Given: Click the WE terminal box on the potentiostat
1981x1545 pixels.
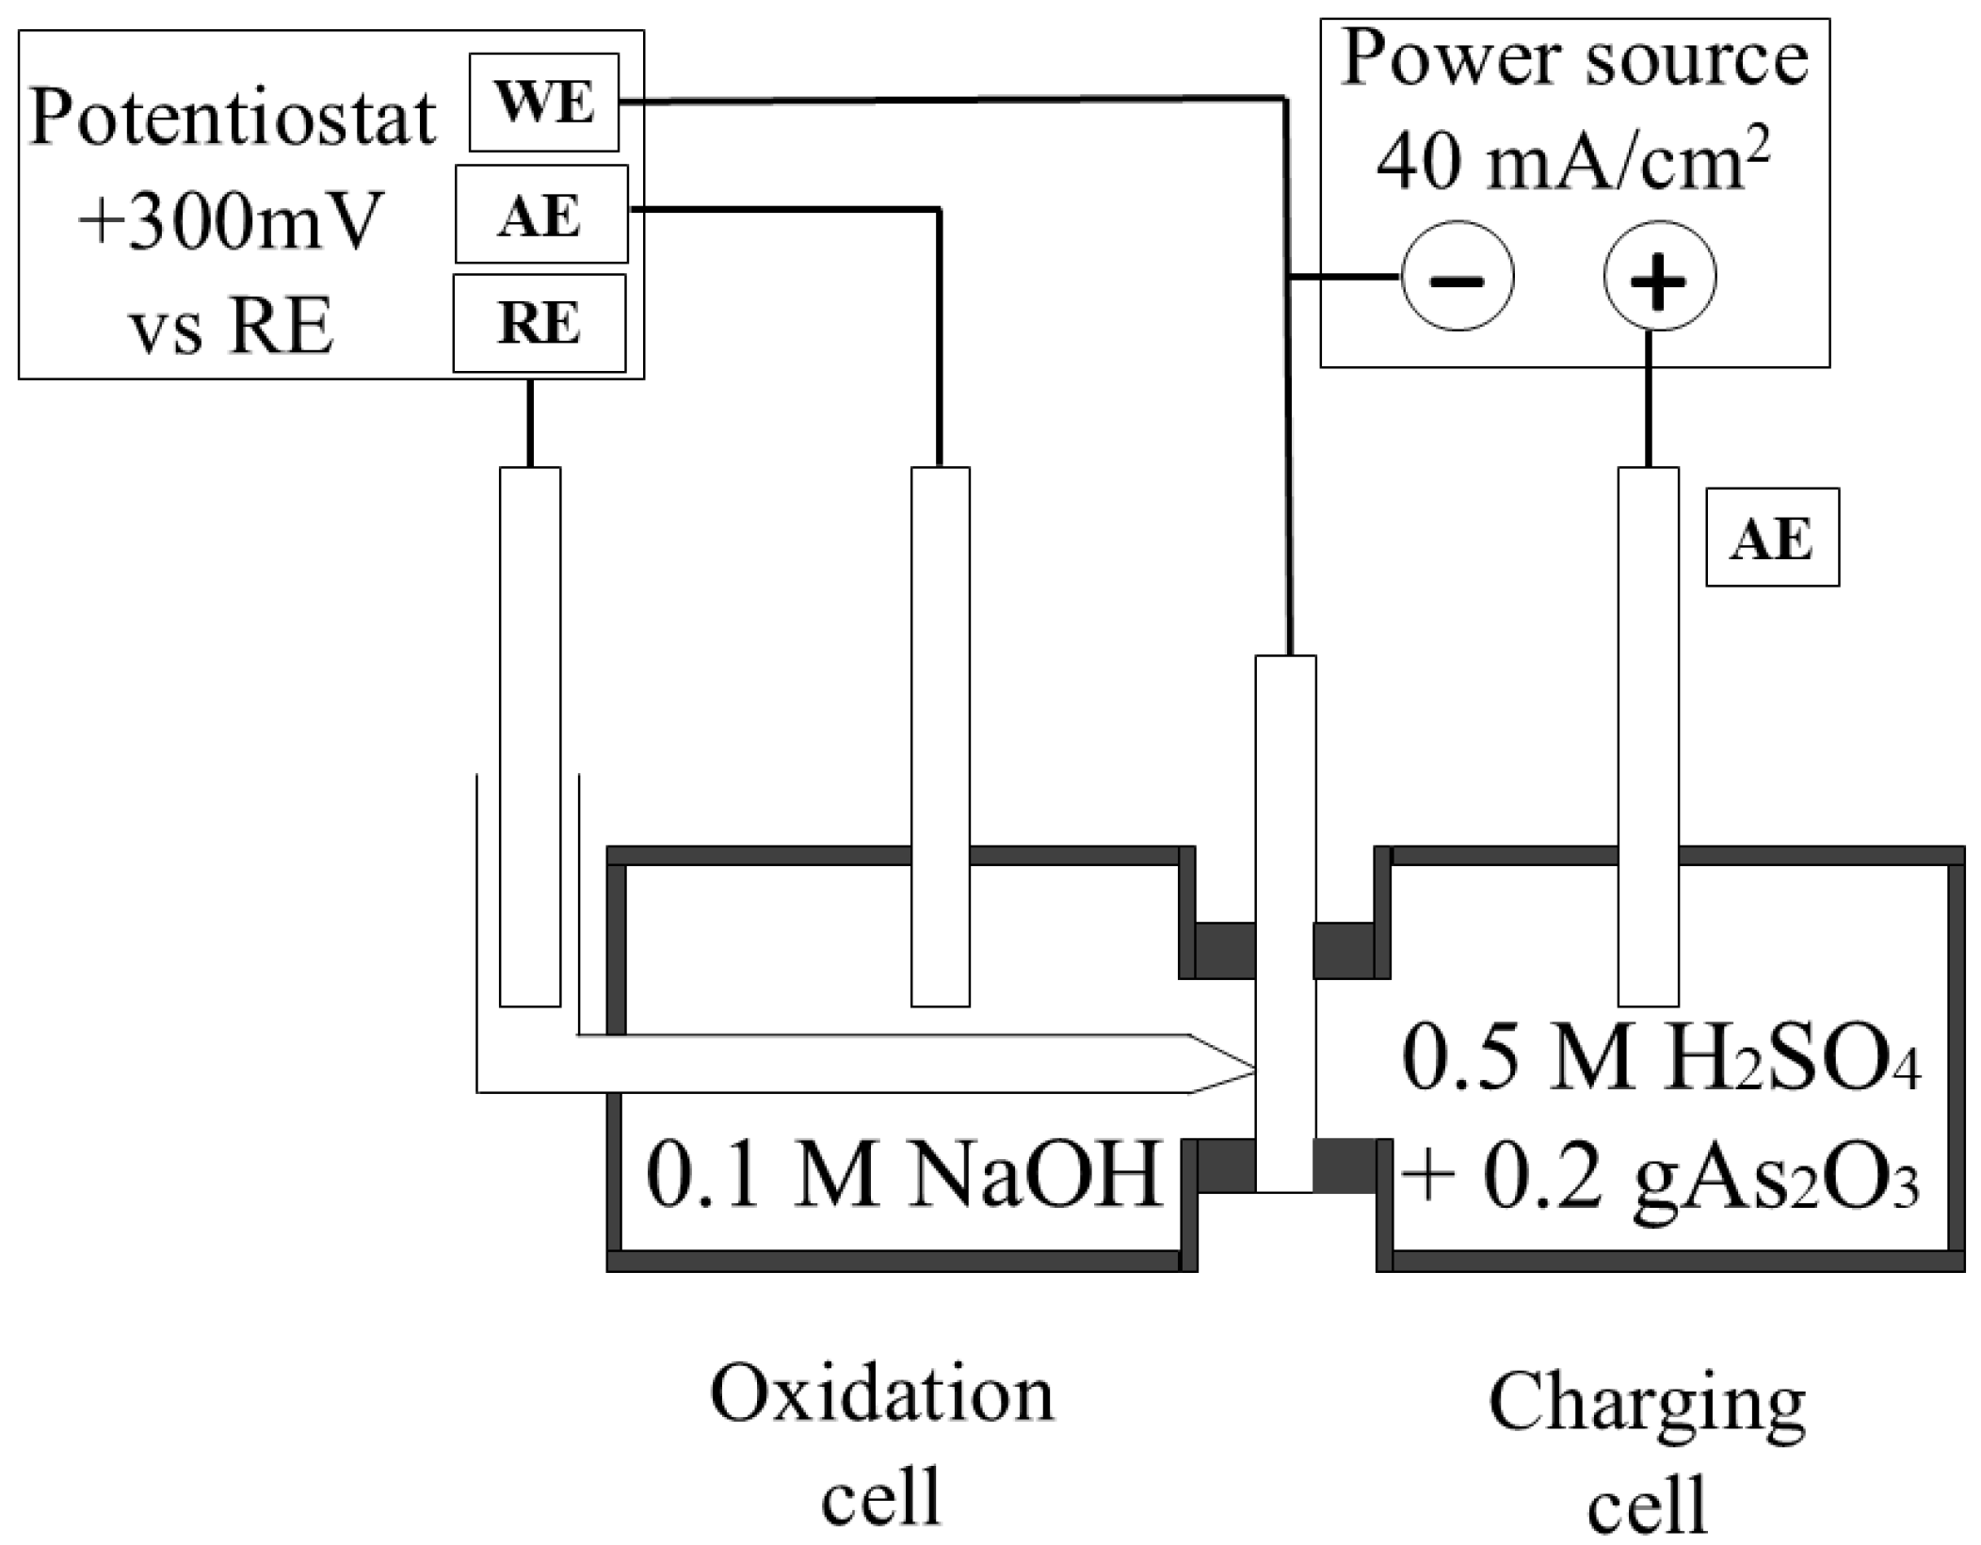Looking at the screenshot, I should pos(544,102).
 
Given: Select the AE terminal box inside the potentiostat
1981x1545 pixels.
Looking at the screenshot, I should pos(541,215).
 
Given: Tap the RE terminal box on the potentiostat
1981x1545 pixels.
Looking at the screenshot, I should pos(539,323).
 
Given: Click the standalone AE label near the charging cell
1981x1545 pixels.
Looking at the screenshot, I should pos(1772,538).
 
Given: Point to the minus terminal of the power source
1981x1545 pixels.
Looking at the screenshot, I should pos(1458,277).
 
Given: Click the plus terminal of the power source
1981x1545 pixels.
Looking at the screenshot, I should pos(1659,277).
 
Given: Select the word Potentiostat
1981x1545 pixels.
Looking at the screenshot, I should pos(233,119).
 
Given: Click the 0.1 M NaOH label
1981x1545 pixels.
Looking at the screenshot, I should pos(902,1176).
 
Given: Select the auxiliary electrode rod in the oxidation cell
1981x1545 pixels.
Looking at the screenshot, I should pos(940,734).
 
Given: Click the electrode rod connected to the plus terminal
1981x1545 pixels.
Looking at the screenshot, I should pos(1648,734).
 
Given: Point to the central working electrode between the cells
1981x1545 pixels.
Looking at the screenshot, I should pos(1285,923).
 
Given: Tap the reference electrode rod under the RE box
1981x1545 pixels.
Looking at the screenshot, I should pos(529,734).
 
